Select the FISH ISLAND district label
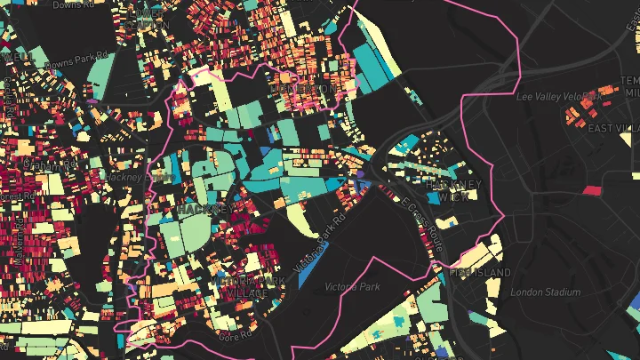pos(480,272)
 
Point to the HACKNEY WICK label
pos(453,189)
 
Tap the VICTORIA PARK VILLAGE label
pos(249,287)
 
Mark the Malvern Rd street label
pos(15,240)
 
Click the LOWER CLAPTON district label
pos(302,89)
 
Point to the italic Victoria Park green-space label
pos(352,287)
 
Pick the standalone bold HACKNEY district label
pos(205,210)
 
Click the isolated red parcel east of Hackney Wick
pos(591,189)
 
